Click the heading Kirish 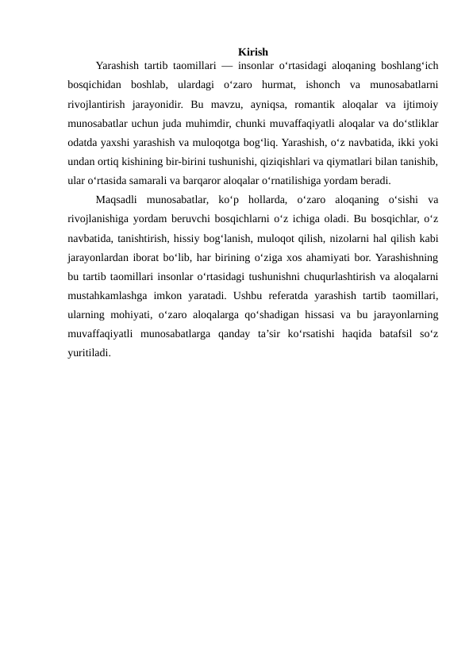(x=252, y=52)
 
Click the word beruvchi (x=179, y=218)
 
